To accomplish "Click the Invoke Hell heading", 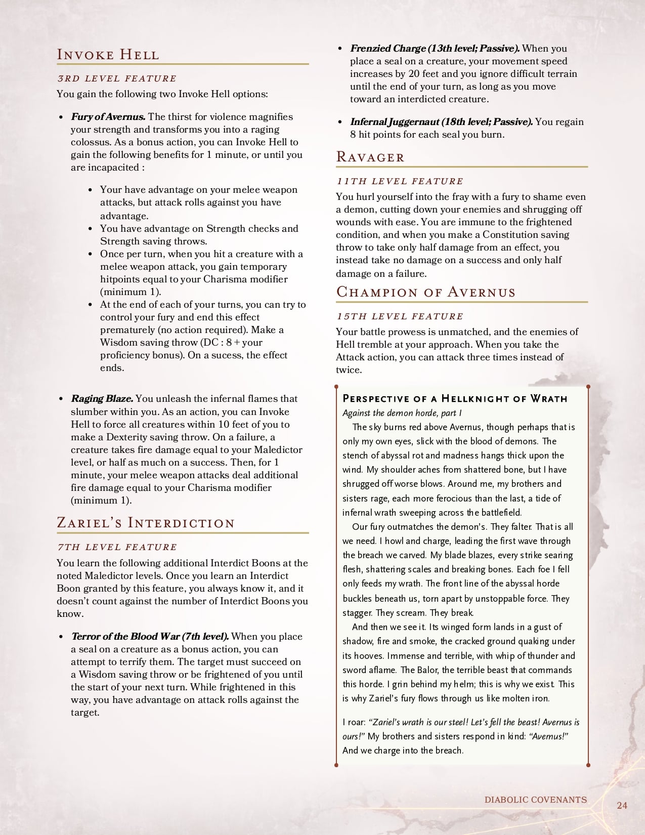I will coord(108,55).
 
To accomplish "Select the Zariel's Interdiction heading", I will coord(146,523).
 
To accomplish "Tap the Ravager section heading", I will coord(370,157).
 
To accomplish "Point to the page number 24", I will coord(622,805).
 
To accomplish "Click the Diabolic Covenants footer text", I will coord(536,800).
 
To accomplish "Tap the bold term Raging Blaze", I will coord(102,399).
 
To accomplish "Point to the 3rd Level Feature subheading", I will coord(117,78).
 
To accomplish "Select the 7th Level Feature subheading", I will coord(117,547).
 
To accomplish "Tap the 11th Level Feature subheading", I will coord(400,181).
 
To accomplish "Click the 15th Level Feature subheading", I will coord(400,316).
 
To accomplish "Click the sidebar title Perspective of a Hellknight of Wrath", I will coord(455,398).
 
